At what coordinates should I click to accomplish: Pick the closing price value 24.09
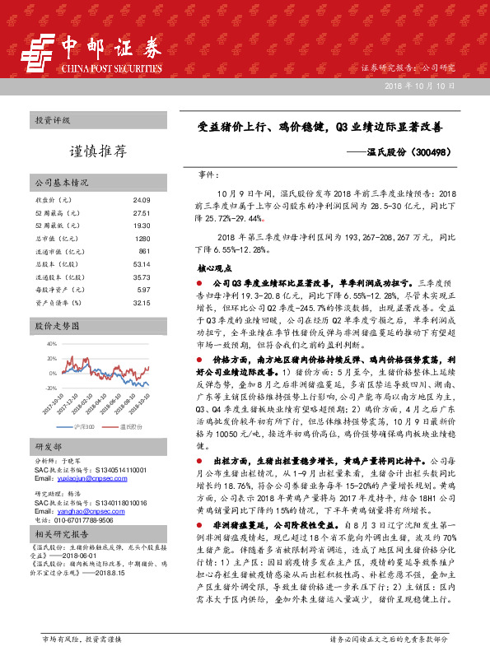[x=141, y=200]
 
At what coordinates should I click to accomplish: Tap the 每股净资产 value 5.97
[x=142, y=290]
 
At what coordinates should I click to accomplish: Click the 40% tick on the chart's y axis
[x=52, y=343]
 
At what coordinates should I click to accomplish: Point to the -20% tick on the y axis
[x=51, y=387]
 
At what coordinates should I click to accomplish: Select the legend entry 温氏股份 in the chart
[x=132, y=428]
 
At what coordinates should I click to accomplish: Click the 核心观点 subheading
[x=215, y=267]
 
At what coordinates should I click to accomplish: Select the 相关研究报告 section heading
[x=58, y=534]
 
